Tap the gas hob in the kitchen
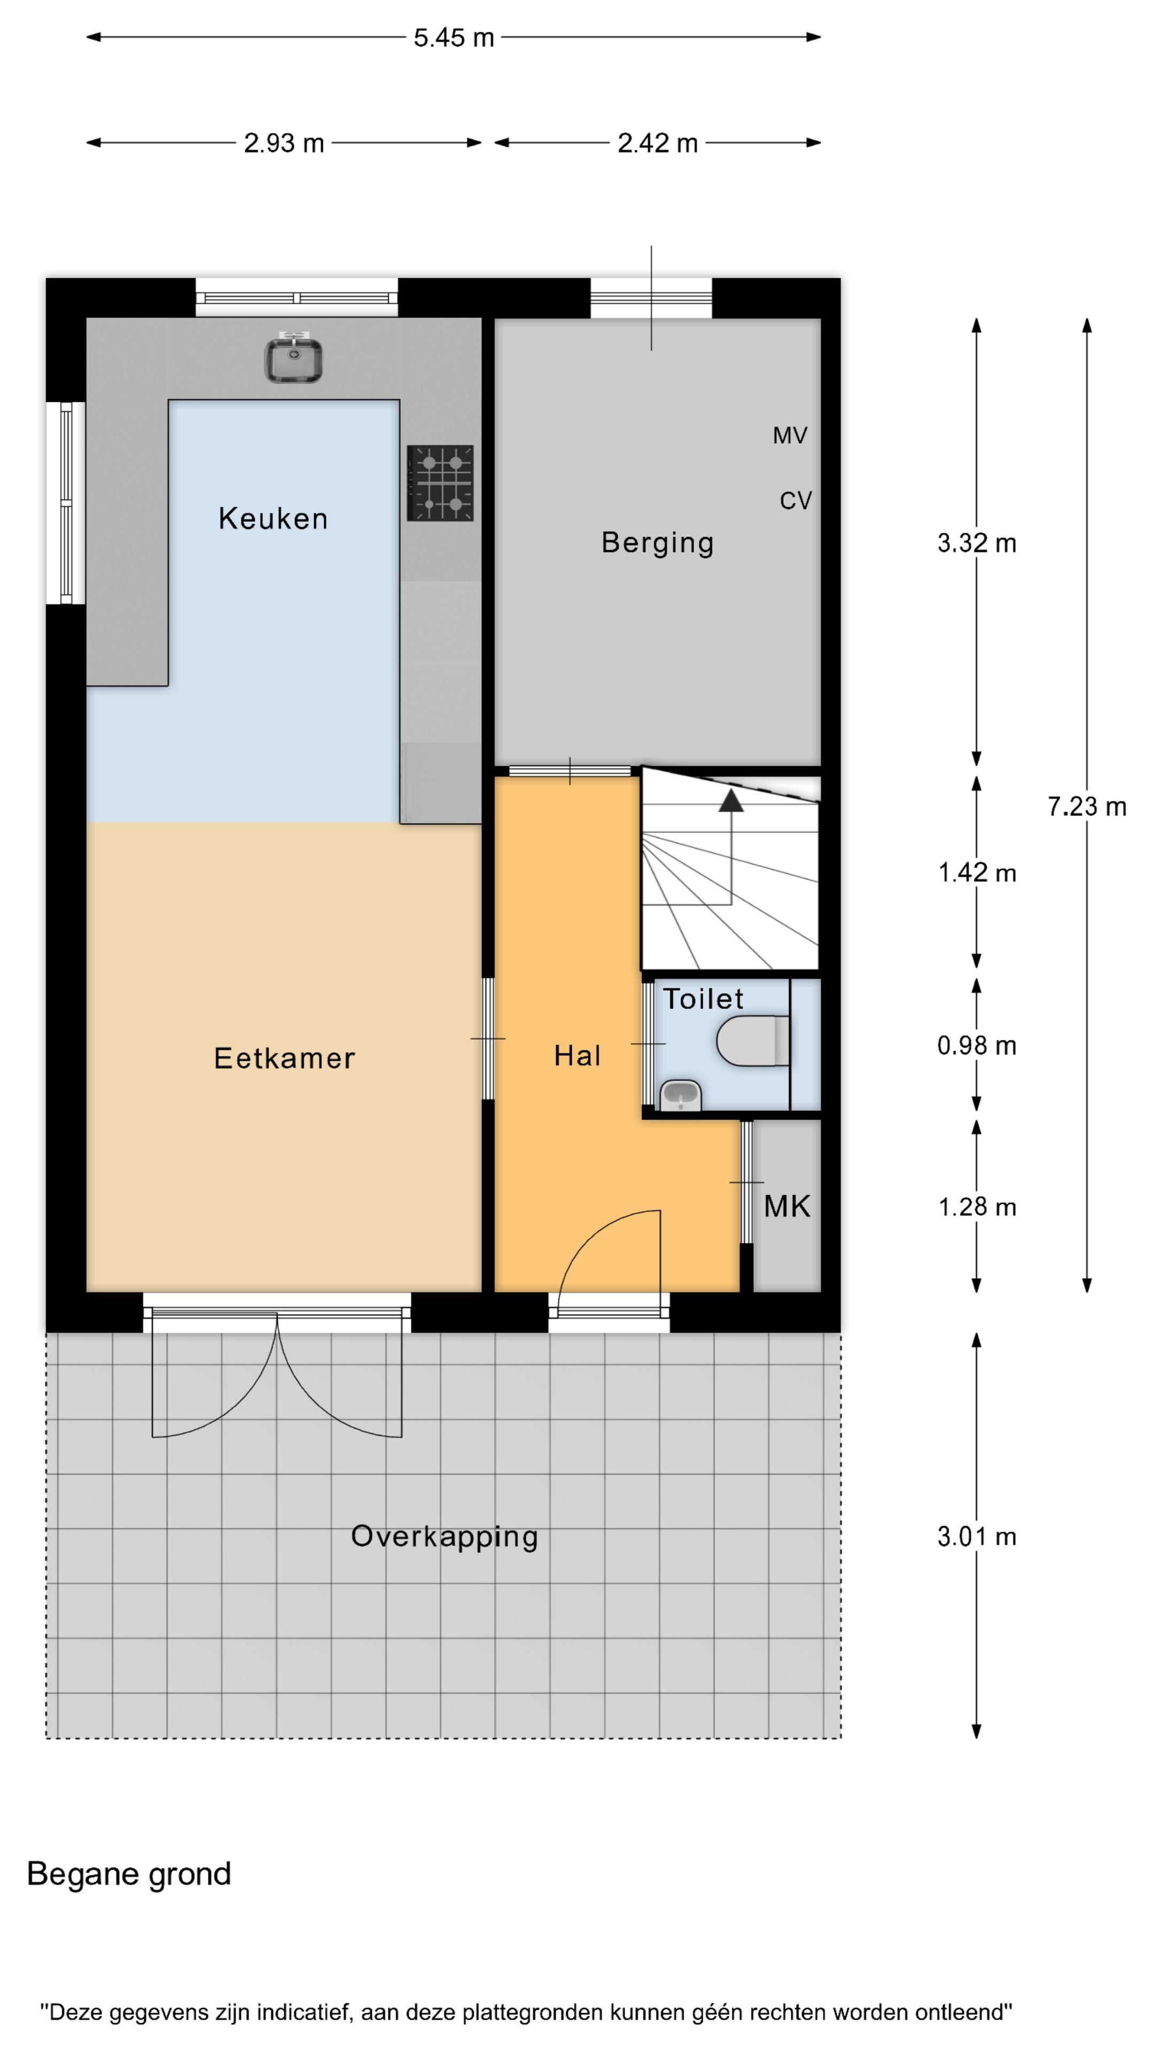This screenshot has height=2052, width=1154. [x=440, y=483]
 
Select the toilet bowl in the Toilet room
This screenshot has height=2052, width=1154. [x=753, y=1040]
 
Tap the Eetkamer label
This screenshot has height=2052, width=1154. [x=284, y=1058]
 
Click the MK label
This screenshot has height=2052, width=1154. [x=787, y=1206]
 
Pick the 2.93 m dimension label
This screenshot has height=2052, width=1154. [x=284, y=143]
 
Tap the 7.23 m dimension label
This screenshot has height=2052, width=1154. [x=1086, y=807]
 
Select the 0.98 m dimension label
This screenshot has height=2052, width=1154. [x=977, y=1045]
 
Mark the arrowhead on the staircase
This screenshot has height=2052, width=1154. [x=731, y=800]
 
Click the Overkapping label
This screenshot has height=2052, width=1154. [x=445, y=1537]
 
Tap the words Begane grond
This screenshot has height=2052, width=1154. [x=129, y=1875]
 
